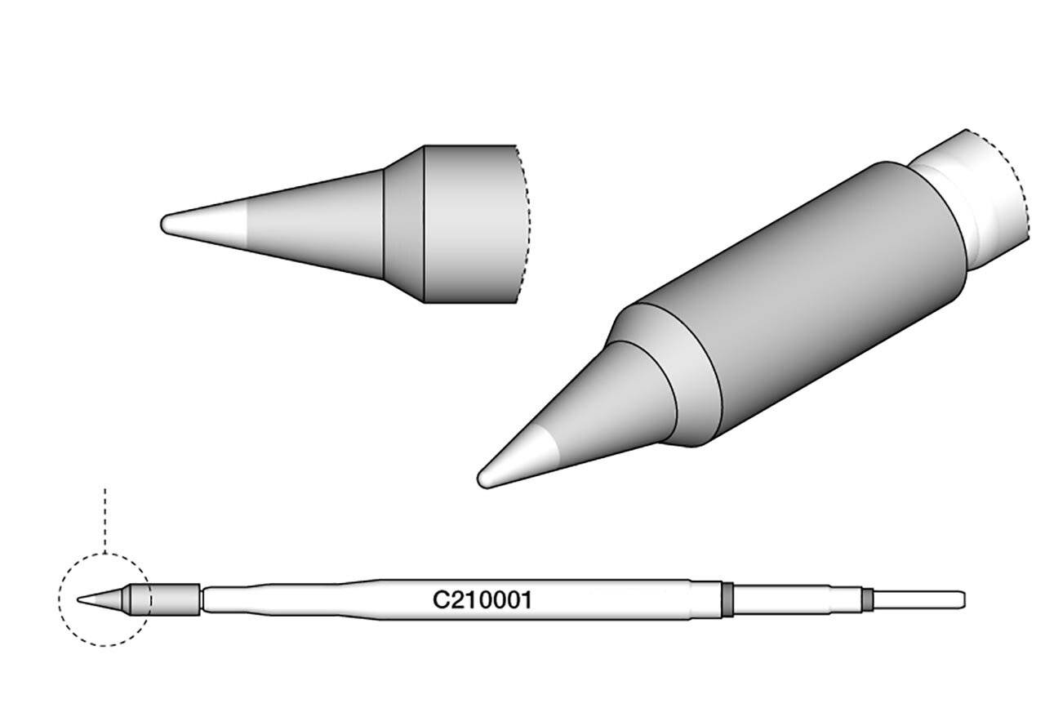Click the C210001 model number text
[x=482, y=601]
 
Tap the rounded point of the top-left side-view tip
[x=166, y=223]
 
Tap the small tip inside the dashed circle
[x=98, y=599]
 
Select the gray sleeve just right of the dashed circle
[x=176, y=600]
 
